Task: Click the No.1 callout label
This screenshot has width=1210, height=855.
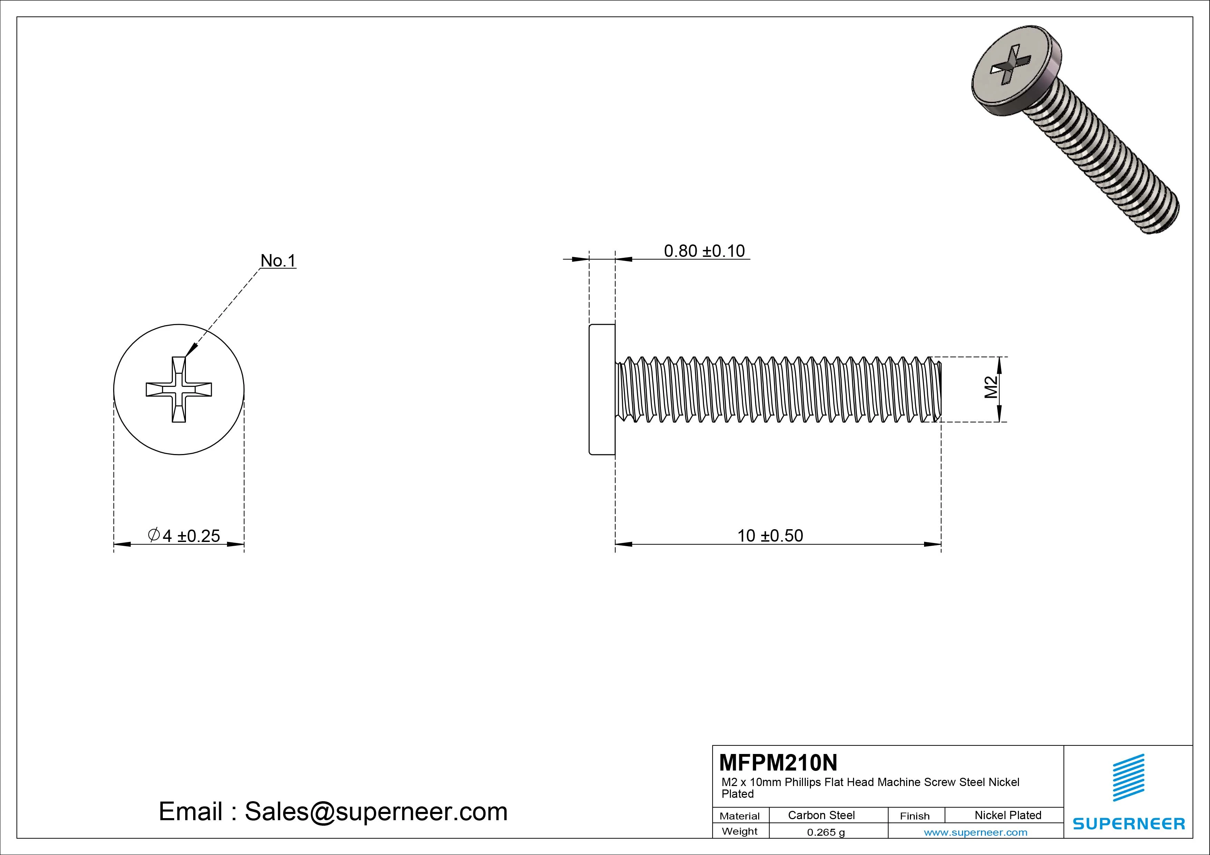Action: (278, 260)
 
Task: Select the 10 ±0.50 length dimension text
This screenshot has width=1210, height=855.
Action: (770, 536)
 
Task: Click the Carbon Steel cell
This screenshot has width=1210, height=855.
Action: (821, 815)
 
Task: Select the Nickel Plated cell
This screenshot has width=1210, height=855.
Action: (1008, 815)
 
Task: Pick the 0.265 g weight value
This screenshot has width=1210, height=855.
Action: (826, 832)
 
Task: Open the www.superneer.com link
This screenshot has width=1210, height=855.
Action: (975, 832)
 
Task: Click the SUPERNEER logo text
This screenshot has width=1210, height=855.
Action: (1128, 823)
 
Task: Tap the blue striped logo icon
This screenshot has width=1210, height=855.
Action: (1128, 777)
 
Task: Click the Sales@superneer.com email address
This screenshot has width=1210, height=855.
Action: (376, 811)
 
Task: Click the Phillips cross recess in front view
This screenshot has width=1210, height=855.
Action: (179, 389)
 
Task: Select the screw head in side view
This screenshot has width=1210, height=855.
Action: (602, 389)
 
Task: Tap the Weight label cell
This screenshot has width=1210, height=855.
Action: (740, 831)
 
